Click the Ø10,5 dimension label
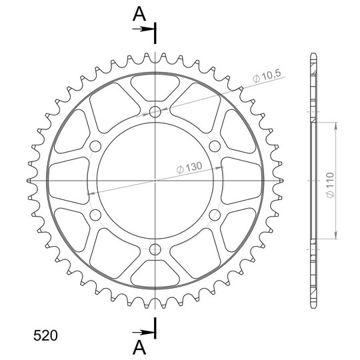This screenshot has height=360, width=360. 267,76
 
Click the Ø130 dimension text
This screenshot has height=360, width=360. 189,167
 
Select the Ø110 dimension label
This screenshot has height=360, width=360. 330,185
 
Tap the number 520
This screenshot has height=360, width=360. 45,335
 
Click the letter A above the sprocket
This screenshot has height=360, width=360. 139,13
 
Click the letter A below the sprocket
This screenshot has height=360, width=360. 139,347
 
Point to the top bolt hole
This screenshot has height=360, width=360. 155,112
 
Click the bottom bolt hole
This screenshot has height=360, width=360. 155,249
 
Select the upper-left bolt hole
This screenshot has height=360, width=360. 95,146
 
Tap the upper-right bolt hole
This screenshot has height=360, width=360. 215,146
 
